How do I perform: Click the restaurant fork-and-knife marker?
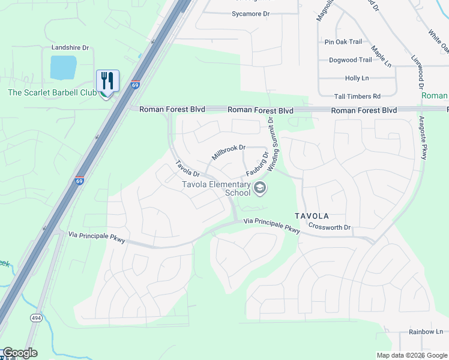108,80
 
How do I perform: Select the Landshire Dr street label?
70,47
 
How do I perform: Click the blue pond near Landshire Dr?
63,68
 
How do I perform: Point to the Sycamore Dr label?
251,13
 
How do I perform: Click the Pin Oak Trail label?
343,42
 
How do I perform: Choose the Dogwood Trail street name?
351,60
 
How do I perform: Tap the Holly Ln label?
357,78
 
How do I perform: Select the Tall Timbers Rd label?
357,96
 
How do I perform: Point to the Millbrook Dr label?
229,151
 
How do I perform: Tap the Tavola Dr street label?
187,169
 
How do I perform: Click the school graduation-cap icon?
260,188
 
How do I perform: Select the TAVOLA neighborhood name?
312,215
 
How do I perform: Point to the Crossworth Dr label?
330,227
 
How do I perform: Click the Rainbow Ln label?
426,332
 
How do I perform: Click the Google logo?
20,353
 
